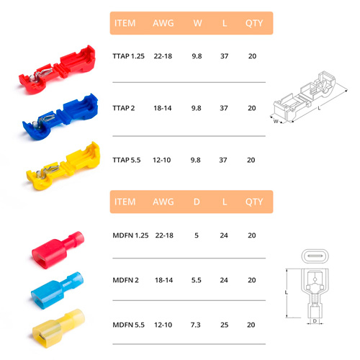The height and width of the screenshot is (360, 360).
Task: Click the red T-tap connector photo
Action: click(x=58, y=70)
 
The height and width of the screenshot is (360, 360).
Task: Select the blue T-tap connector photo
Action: click(x=60, y=117)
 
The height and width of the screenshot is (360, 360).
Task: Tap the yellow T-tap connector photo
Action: click(x=63, y=166)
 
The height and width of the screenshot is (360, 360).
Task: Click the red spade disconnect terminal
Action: click(x=58, y=250)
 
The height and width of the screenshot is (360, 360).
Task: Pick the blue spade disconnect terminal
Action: click(x=57, y=290)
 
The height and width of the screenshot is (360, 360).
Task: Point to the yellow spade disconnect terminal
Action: click(x=58, y=328)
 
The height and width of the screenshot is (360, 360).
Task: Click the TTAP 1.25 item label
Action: click(x=128, y=56)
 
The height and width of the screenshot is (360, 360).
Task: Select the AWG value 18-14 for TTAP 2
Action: click(x=163, y=108)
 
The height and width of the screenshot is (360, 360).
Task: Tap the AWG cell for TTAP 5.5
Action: click(x=162, y=160)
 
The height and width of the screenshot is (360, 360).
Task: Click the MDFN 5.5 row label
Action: click(x=128, y=325)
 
